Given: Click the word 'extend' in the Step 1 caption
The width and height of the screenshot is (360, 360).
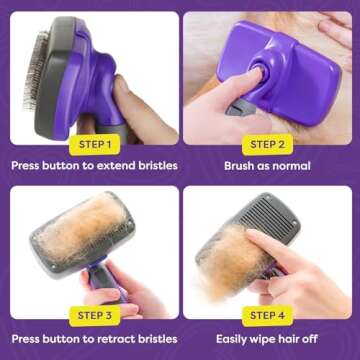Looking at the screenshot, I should coord(117,166).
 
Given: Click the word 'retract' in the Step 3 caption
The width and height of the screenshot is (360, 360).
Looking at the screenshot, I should coord(117,339).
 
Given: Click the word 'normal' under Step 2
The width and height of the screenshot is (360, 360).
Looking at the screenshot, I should coord(289,166).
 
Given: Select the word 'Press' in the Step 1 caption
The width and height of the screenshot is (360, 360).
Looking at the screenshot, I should coord(28,166).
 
